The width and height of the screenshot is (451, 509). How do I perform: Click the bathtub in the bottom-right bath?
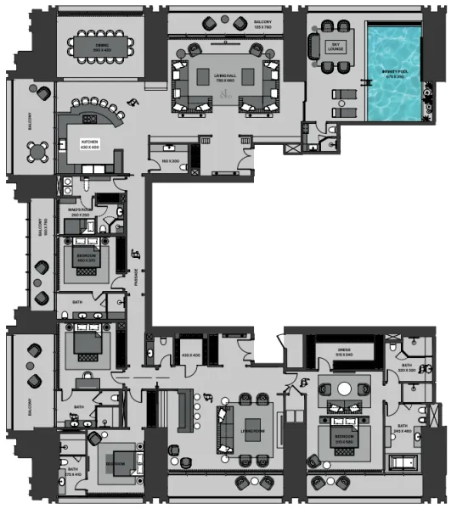tap(404, 462)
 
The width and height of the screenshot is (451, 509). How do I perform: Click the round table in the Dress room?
tap(345, 389)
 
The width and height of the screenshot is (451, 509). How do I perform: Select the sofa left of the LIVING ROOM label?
tap(225, 426)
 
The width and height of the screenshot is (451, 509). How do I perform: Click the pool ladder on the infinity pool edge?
tap(367, 83)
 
